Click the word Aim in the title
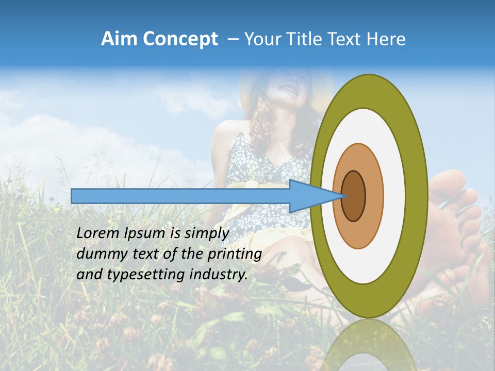click(119, 39)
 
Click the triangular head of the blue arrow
click(309, 196)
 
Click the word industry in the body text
click(219, 275)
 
